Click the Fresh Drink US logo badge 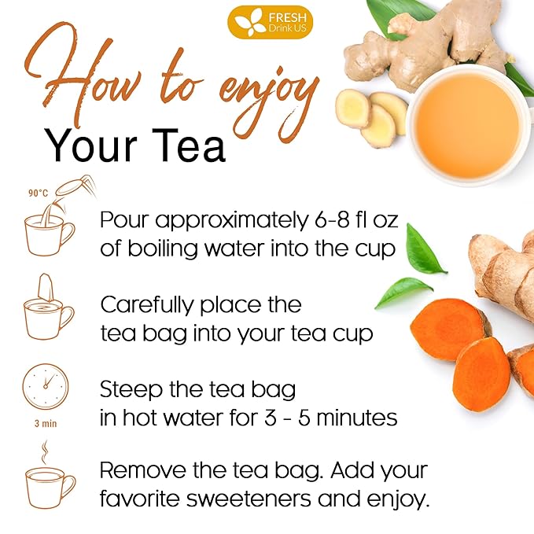point(270,22)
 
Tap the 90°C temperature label point(39,192)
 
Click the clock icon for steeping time point(46,386)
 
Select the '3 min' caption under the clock point(46,422)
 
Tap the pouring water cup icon point(52,228)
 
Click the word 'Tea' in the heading point(183,145)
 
